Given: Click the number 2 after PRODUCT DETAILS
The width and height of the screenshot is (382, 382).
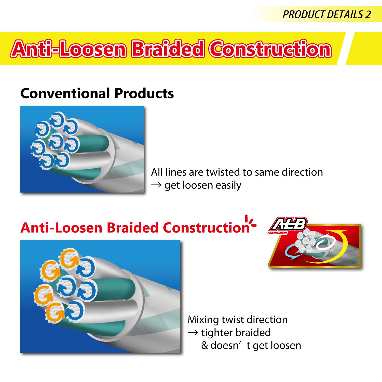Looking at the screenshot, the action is (x=367, y=15).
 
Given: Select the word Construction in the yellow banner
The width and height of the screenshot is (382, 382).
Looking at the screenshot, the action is (x=270, y=49).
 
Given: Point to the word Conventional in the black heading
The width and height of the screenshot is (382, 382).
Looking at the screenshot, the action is (x=66, y=93).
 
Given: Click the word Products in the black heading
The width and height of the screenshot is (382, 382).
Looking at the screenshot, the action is (x=144, y=93).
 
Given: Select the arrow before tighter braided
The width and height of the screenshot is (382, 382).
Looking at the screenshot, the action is (x=193, y=332).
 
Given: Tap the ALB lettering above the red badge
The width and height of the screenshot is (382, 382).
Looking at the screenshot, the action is (x=289, y=224).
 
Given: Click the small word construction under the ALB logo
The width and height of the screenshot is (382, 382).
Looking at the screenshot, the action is (x=277, y=233).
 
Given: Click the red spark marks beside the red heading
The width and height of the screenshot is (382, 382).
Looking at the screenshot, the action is (x=250, y=221).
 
